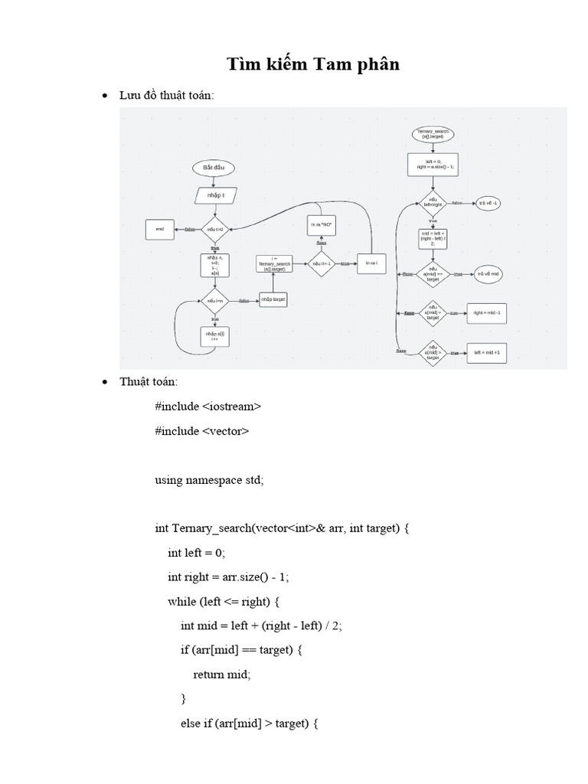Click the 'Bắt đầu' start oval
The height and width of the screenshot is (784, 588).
point(214,168)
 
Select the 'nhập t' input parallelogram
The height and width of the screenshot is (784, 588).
point(214,196)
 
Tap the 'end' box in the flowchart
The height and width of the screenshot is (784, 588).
point(160,229)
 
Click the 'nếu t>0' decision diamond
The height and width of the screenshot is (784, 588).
point(214,229)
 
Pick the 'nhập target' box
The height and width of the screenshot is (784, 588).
point(273,300)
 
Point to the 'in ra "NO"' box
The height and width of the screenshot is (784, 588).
point(322,225)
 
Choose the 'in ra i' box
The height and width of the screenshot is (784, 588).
point(371,263)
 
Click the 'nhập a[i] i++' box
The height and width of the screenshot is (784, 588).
point(214,336)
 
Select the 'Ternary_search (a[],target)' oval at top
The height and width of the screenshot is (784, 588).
point(433,134)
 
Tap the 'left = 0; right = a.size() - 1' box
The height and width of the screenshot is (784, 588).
point(433,165)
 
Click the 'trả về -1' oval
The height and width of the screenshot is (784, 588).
point(488,203)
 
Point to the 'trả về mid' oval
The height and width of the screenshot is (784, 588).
point(488,274)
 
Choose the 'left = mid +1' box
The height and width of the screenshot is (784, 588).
point(486,353)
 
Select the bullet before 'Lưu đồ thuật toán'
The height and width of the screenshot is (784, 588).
point(106,96)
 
